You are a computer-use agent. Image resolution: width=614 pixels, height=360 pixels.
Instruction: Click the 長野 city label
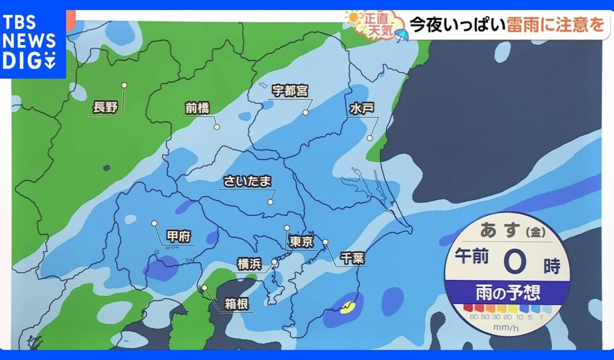pos(104,108)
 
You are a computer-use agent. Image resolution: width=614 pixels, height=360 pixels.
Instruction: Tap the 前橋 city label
pos(197,109)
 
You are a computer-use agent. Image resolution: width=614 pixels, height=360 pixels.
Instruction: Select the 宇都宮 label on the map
pos(290,91)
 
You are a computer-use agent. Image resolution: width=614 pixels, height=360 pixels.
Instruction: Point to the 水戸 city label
pos(362,109)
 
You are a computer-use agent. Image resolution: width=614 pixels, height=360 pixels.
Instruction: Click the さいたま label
pos(247,181)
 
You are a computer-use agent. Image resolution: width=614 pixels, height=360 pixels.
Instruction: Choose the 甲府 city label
pos(178,236)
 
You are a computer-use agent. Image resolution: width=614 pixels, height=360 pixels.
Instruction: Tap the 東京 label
pos(302,243)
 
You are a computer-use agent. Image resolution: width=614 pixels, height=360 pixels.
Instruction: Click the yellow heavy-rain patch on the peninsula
pos(348,306)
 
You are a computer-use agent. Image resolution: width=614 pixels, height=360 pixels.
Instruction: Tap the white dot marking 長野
pos(124,85)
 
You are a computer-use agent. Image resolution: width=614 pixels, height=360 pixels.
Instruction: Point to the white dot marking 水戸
pos(370,138)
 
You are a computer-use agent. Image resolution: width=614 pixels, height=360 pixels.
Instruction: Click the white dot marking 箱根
pos(205,287)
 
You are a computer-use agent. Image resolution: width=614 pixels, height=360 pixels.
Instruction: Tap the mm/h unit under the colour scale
pos(508,328)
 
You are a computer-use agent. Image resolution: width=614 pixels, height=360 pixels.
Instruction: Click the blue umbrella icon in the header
pos(401,34)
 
